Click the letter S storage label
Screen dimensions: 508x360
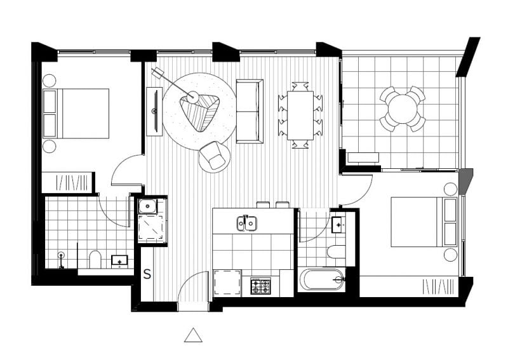click(147, 274)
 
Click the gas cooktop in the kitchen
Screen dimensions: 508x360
click(260, 286)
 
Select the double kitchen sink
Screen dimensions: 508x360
click(246, 223)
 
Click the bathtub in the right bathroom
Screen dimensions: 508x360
click(321, 279)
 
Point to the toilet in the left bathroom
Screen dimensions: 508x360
click(95, 259)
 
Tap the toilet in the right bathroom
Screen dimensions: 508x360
click(337, 252)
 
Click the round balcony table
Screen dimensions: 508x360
click(403, 109)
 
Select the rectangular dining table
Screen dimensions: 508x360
click(300, 116)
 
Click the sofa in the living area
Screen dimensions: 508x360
click(250, 111)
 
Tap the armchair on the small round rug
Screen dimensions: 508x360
click(214, 156)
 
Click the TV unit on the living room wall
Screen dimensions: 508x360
click(154, 111)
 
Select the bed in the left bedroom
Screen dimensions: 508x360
click(76, 114)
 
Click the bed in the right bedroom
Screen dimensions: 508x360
click(424, 222)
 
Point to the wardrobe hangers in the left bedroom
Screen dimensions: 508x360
click(72, 183)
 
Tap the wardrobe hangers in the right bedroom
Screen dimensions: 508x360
click(438, 287)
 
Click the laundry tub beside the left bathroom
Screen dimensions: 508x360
click(148, 206)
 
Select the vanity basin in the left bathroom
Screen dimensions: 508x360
click(119, 261)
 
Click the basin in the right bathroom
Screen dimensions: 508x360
click(338, 225)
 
